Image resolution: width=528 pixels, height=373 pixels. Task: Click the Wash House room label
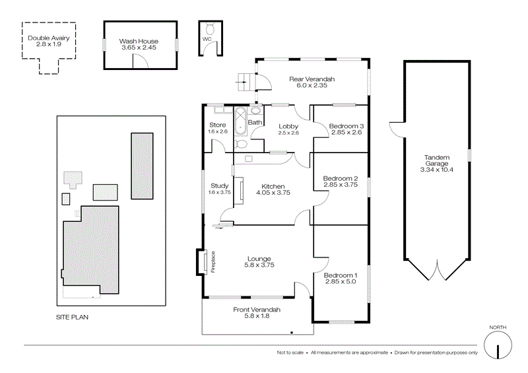pos(139,41)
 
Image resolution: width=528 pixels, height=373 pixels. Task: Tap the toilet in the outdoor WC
pos(209,29)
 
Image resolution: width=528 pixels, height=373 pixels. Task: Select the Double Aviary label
pos(48,38)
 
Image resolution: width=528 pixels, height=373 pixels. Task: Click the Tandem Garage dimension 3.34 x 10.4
pos(436,170)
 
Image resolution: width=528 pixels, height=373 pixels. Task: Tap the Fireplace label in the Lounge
pos(213,261)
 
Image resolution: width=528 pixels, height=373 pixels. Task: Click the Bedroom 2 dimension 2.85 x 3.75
pos(341,186)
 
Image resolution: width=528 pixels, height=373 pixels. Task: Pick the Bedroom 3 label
pos(346,125)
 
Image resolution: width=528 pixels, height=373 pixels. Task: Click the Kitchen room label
pos(273,186)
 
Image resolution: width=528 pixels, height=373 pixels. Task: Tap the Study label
pos(219,186)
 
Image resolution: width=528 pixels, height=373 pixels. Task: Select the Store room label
pos(218,125)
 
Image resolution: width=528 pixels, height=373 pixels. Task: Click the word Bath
pos(255,123)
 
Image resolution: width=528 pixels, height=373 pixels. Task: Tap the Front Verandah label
pos(257,309)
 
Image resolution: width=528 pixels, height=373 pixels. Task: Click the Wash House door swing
pos(140,61)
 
